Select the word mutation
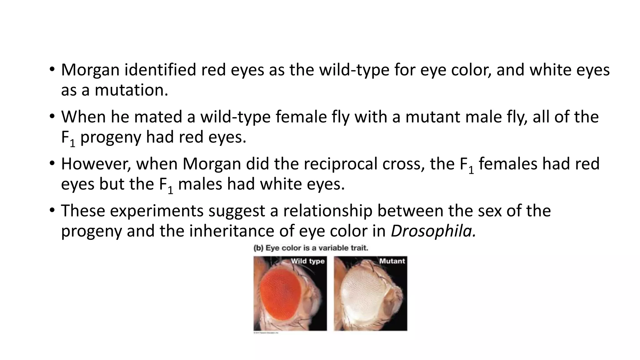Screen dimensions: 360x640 pos(131,90)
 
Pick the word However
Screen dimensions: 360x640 pos(96,164)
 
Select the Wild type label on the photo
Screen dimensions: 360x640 pos(307,261)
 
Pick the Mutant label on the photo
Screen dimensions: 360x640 pos(392,261)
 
